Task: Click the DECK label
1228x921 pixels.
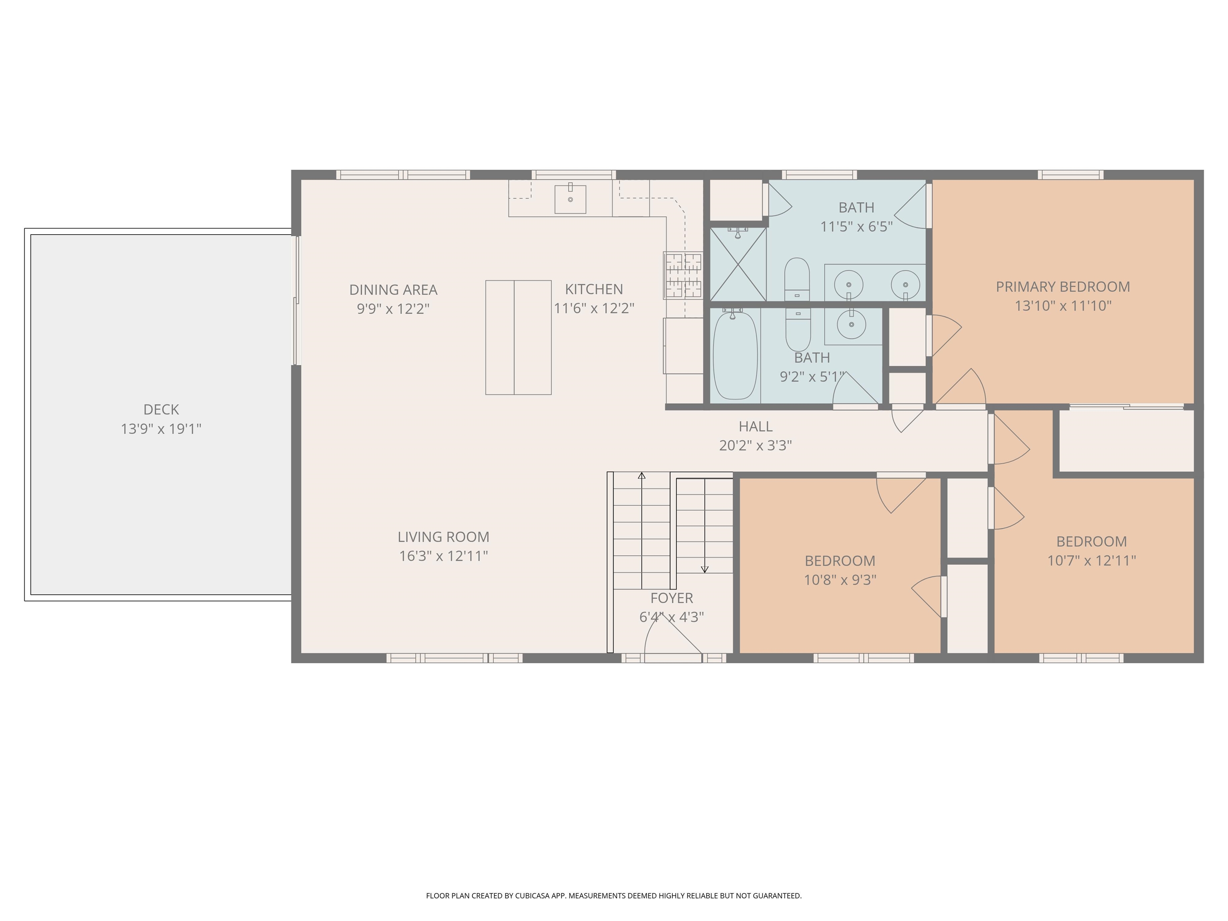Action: [161, 410]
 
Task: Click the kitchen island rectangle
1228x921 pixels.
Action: [518, 337]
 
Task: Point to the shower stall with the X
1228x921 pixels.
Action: [738, 265]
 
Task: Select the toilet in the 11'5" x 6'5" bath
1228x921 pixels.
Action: [797, 279]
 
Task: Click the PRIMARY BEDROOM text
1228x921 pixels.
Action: [1063, 287]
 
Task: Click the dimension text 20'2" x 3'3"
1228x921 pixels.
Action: [755, 446]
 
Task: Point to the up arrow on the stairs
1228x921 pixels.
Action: [642, 476]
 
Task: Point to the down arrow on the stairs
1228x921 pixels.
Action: [704, 569]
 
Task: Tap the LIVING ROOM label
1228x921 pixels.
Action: [443, 537]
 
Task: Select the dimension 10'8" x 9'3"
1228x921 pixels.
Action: [840, 580]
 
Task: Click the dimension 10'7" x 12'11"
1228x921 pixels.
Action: [1091, 561]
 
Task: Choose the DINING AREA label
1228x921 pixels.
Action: [393, 290]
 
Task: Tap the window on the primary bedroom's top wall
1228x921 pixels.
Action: [1071, 175]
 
